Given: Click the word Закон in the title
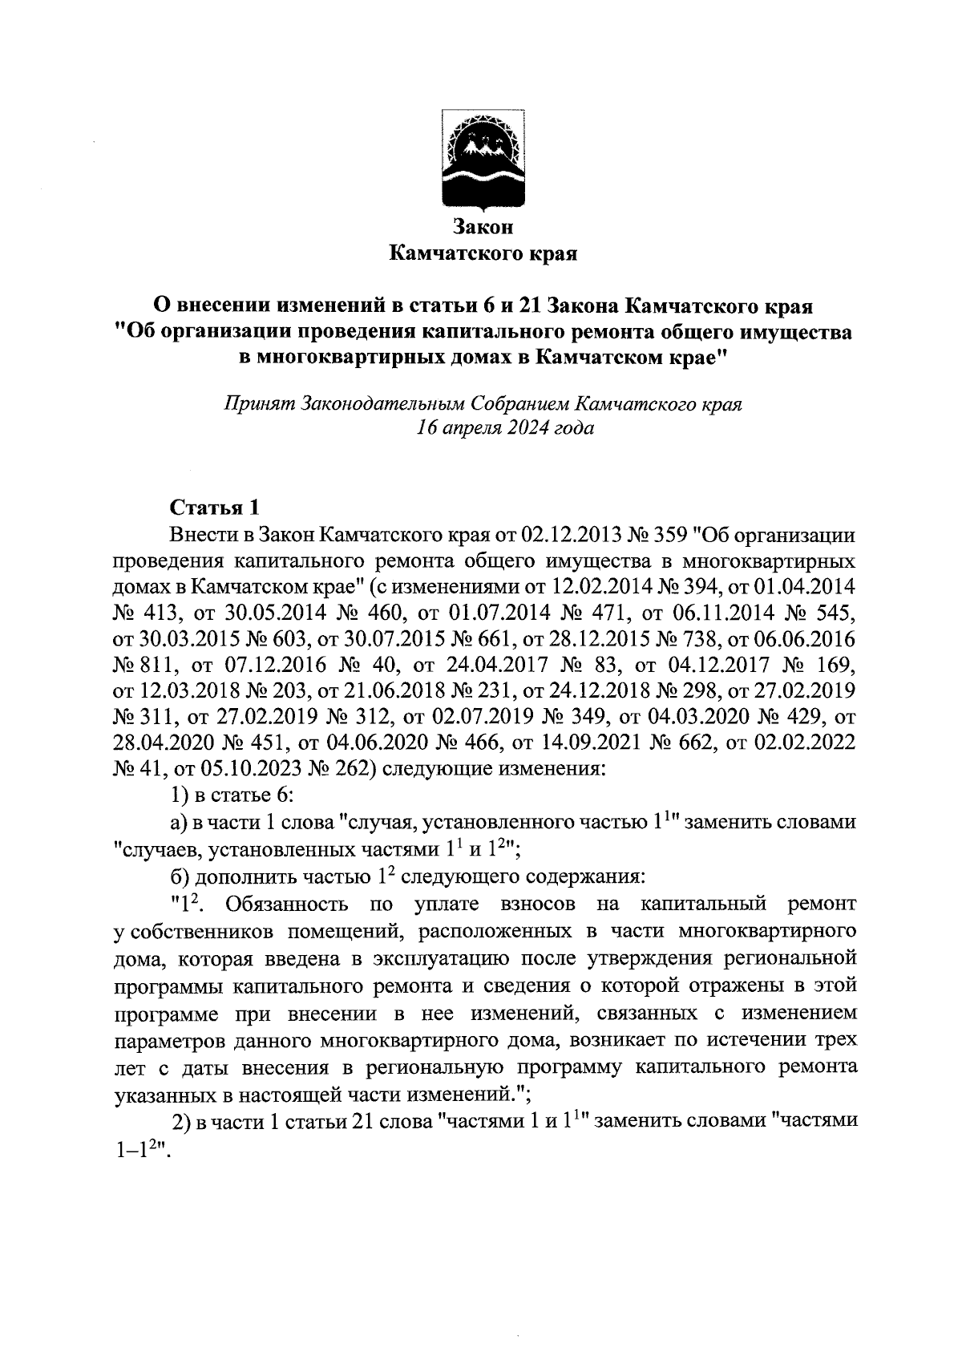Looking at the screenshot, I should pyautogui.click(x=482, y=228).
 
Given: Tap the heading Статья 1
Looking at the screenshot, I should pyautogui.click(x=215, y=508).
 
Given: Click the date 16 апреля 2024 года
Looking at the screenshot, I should pyautogui.click(x=505, y=427).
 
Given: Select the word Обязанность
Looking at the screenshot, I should pyautogui.click(x=287, y=905).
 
